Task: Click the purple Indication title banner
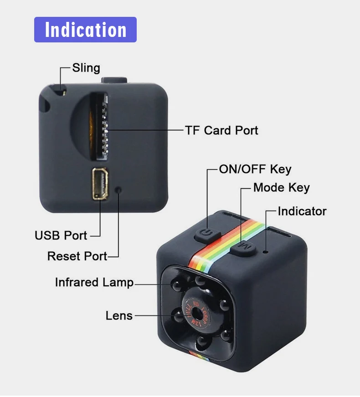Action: [x=85, y=30]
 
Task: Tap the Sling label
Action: [x=86, y=68]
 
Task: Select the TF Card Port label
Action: [x=221, y=130]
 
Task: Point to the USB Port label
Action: [x=61, y=236]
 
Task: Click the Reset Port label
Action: [x=77, y=256]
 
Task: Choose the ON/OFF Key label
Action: [x=255, y=170]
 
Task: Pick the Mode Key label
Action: [x=281, y=187]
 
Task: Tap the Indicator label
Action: [x=302, y=211]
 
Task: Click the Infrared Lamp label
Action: [x=94, y=282]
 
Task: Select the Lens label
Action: [x=119, y=315]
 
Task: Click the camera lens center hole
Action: [x=197, y=312]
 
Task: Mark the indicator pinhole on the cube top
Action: [x=265, y=250]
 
